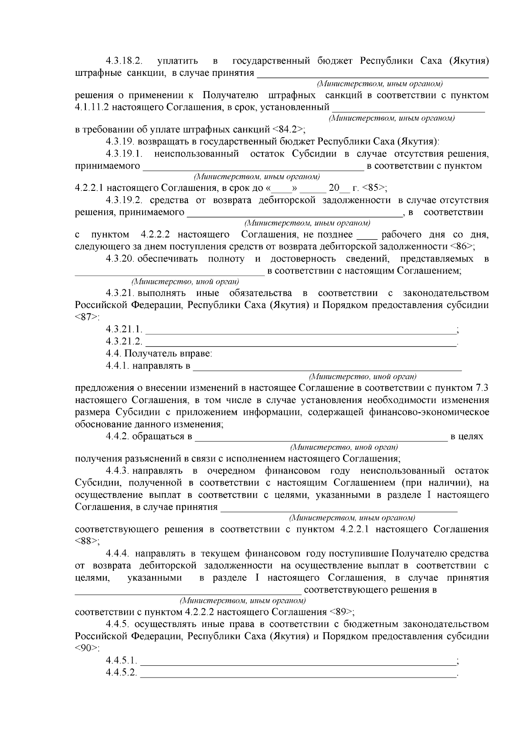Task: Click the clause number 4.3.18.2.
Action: tap(124, 61)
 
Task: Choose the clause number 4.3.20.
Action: tap(119, 259)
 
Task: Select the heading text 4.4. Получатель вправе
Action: tap(159, 353)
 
